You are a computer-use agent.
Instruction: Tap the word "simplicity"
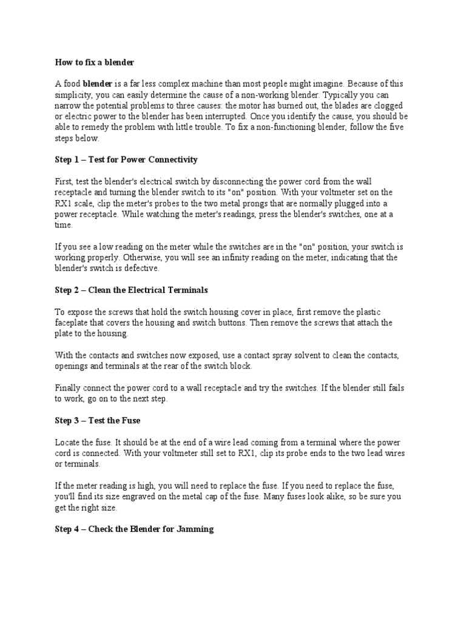[73, 95]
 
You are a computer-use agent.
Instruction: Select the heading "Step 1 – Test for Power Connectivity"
[126, 160]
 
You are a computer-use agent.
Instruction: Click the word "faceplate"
[73, 323]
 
